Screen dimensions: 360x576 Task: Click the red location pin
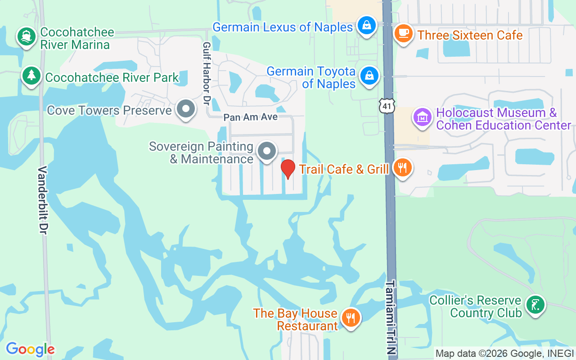(x=288, y=169)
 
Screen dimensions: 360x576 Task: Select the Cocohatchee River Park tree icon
(x=31, y=75)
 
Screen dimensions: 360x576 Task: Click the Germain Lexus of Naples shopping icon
(x=367, y=25)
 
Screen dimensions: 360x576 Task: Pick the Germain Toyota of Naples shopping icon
(x=369, y=76)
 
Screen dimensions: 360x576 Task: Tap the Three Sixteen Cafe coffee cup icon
(x=403, y=33)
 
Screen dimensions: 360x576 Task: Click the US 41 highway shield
(x=387, y=105)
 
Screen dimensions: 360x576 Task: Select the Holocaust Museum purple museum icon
(x=422, y=117)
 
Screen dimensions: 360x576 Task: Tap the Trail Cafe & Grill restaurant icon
(x=402, y=167)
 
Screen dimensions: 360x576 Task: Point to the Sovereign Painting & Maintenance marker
(x=267, y=151)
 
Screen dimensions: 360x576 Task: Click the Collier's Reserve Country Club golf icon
(x=535, y=305)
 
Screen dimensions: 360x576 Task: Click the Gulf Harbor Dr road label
(x=207, y=74)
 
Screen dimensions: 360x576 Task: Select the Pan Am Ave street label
(x=250, y=117)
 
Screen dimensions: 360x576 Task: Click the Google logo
(x=30, y=349)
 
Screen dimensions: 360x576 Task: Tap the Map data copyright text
(x=504, y=354)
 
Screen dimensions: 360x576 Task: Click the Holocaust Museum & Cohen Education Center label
(x=504, y=119)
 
